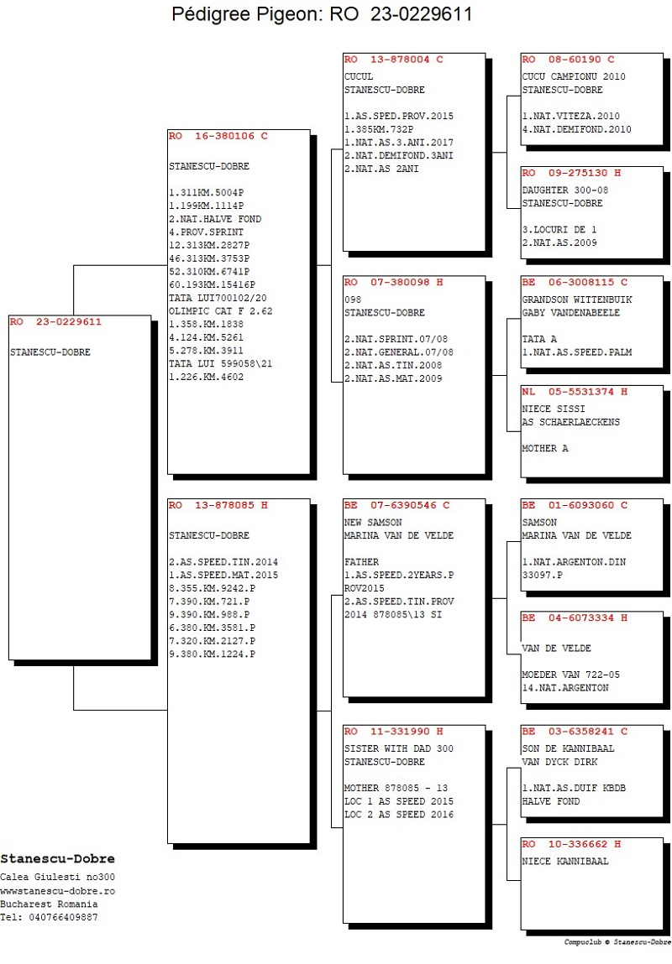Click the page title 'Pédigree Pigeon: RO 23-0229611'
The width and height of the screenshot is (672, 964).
pyautogui.click(x=322, y=14)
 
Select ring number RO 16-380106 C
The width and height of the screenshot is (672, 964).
pyautogui.click(x=218, y=136)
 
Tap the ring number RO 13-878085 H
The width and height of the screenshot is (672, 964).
pyautogui.click(x=218, y=505)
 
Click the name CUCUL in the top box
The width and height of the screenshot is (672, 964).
pyautogui.click(x=359, y=76)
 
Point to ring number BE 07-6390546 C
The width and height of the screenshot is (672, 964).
pyautogui.click(x=397, y=505)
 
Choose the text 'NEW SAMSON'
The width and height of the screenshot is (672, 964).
pyautogui.click(x=373, y=522)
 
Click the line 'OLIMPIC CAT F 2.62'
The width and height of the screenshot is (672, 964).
pyautogui.click(x=221, y=311)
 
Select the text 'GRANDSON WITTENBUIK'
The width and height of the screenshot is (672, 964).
pyautogui.click(x=577, y=300)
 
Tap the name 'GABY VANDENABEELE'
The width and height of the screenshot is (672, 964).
pyautogui.click(x=571, y=312)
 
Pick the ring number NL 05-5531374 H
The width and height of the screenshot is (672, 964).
pyautogui.click(x=575, y=392)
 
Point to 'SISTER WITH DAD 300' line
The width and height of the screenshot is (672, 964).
pyautogui.click(x=399, y=748)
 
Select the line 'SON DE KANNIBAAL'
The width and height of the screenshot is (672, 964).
pyautogui.click(x=568, y=748)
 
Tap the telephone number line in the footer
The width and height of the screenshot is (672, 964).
pyautogui.click(x=50, y=917)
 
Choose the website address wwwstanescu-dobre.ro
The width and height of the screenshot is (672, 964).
pyautogui.click(x=58, y=891)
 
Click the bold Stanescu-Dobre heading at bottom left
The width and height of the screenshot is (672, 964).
pyautogui.click(x=58, y=859)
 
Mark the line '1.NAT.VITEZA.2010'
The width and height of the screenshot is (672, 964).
pyautogui.click(x=571, y=116)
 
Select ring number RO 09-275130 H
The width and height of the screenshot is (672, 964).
pyautogui.click(x=572, y=173)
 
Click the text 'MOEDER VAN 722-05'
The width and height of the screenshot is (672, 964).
pyautogui.click(x=571, y=675)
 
